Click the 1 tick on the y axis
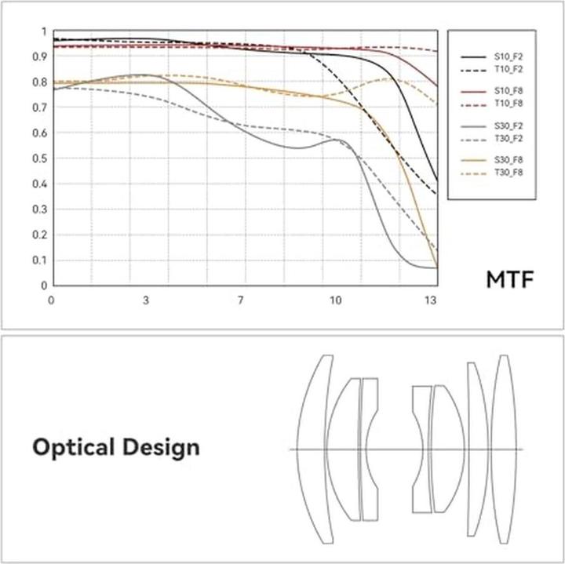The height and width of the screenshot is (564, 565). click(x=43, y=31)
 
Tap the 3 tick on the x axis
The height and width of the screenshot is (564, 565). click(x=146, y=300)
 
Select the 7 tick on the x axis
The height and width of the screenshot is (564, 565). click(x=241, y=300)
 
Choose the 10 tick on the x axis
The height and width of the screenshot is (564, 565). click(x=336, y=300)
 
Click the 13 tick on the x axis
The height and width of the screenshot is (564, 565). click(x=430, y=300)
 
